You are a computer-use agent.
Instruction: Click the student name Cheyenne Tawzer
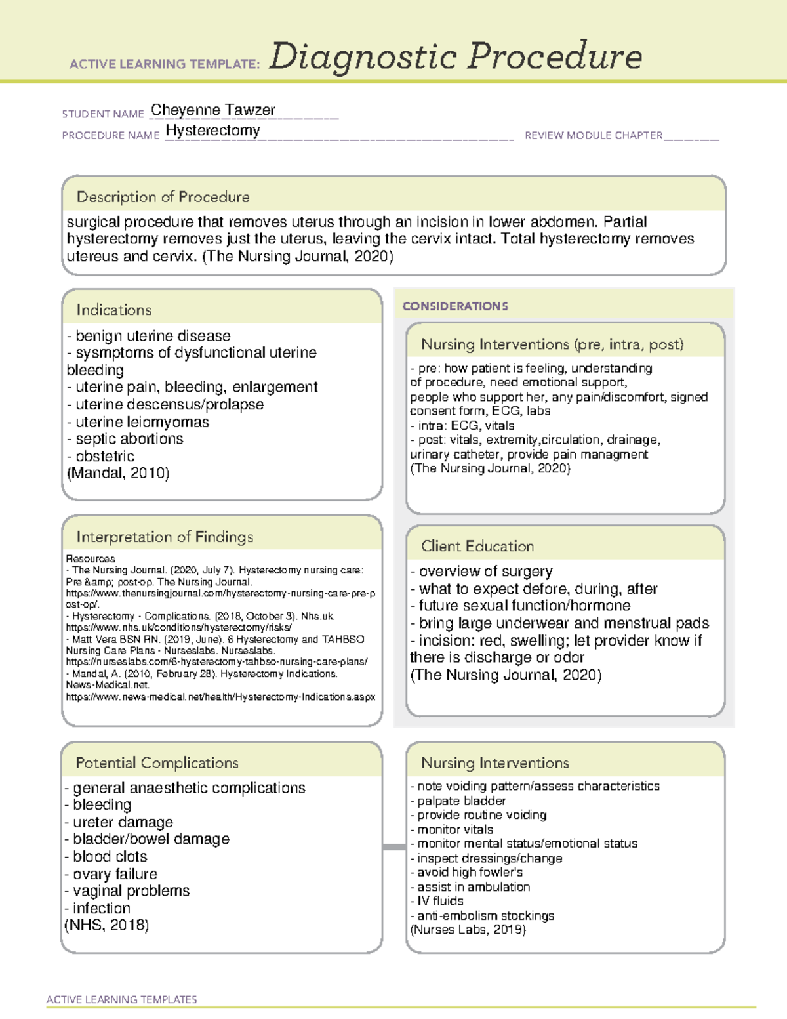212,110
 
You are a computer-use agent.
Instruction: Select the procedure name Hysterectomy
212,131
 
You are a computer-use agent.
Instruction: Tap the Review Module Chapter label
594,135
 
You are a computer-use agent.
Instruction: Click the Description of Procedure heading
163,197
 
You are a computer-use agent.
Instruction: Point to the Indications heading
113,310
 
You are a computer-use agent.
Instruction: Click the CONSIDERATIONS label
455,306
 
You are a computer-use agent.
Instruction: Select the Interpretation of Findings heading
165,537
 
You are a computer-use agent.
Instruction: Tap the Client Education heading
477,546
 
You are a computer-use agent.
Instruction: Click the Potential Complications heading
157,763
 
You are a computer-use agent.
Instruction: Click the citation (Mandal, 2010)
118,473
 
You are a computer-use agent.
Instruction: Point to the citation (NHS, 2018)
106,925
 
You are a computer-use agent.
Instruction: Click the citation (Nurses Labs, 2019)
468,930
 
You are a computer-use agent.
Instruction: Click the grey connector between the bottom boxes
393,847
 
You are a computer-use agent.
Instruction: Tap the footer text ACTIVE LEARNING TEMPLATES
121,999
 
